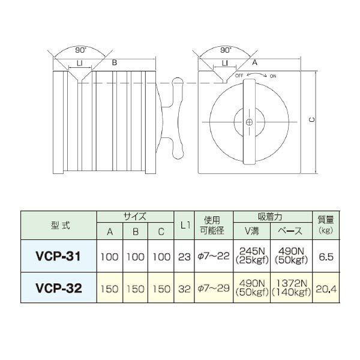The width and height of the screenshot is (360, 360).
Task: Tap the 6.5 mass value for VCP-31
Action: pos(323,256)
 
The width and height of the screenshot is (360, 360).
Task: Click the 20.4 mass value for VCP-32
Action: pos(323,288)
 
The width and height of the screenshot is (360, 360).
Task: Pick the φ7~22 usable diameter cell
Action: pos(214,256)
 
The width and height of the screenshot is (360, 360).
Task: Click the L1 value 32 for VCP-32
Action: pos(185,288)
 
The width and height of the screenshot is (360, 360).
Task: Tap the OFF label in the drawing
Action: pos(239,77)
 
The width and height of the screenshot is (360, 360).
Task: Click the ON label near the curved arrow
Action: pos(273,77)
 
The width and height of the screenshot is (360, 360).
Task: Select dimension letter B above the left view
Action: pos(115,62)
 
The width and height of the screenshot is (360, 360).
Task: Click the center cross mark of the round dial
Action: pos(248,122)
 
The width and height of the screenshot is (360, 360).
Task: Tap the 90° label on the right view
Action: pos(226,50)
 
